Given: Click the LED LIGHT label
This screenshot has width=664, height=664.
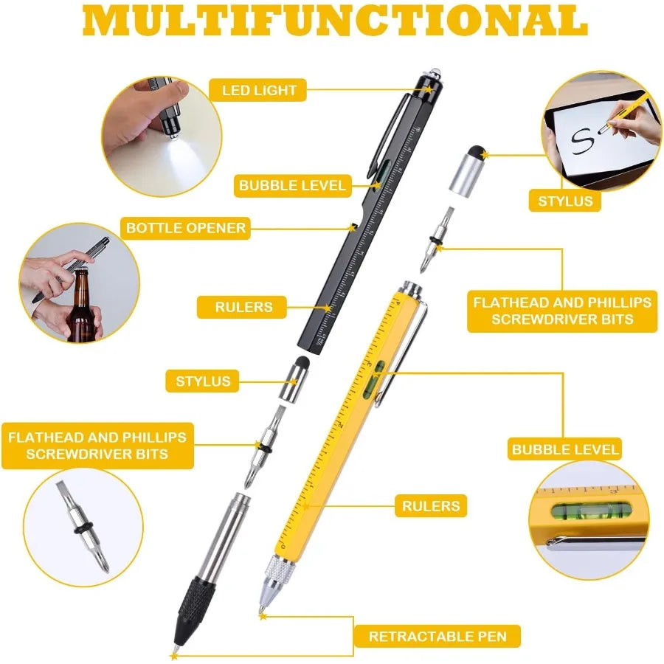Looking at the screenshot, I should pos(260,91).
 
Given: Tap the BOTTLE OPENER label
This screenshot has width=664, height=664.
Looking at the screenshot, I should pos(185,227).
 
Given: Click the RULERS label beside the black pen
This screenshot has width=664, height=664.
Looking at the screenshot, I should pos(243,306).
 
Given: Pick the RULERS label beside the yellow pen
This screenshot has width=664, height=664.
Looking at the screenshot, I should pos(431,505).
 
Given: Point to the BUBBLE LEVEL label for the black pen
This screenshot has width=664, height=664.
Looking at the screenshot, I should pos(292,185).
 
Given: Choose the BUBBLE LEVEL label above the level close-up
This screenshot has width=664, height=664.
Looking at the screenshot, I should pos(565,449).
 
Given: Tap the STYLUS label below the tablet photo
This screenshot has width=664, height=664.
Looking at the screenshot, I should pos(565,201).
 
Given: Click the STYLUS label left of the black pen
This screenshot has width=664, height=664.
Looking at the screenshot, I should pos(203,381).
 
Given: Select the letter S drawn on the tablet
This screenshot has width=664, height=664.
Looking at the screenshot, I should pos(584,141).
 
